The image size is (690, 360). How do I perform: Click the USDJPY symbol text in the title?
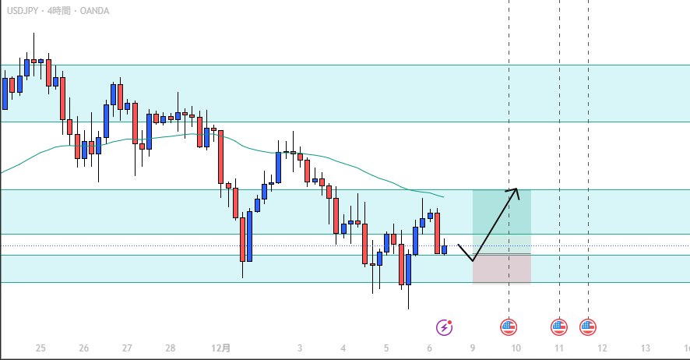(x=21, y=11)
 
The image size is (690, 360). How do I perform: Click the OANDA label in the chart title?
(x=93, y=11)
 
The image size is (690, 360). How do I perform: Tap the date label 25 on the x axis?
(x=40, y=348)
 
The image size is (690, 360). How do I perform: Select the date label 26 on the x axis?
(x=84, y=348)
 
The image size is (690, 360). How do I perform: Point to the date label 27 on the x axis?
(x=127, y=348)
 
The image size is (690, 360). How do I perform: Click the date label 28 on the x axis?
(x=171, y=348)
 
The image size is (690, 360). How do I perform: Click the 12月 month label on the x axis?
(x=222, y=348)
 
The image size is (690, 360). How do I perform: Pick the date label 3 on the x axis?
(x=300, y=348)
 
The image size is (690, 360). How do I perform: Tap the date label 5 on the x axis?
(x=386, y=348)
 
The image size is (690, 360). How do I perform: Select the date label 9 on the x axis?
(x=473, y=348)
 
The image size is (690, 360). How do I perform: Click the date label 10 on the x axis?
(x=516, y=348)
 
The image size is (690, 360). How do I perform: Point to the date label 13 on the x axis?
(x=646, y=348)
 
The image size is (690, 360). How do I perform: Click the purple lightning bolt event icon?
(x=445, y=327)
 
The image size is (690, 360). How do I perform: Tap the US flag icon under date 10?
(x=509, y=327)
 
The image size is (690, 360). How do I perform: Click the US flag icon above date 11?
(x=559, y=327)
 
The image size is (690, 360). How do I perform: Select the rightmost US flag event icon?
(x=588, y=327)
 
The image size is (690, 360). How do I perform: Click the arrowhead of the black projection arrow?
(x=516, y=190)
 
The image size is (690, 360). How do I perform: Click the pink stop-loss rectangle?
(x=502, y=269)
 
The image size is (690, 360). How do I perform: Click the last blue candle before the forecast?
(x=445, y=249)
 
